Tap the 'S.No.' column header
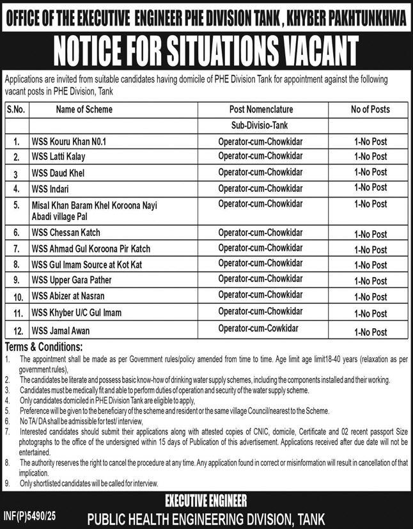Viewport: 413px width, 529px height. [x=15, y=109]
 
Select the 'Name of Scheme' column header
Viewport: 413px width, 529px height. [x=84, y=109]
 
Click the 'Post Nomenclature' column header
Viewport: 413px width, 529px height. [x=260, y=109]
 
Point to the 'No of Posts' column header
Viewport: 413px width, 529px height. [x=370, y=109]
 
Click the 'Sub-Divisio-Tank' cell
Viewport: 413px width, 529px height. [x=260, y=125]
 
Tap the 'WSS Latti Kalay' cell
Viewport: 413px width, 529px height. [x=58, y=157]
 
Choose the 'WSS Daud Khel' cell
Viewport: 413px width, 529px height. [x=58, y=173]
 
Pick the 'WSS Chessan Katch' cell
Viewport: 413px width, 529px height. [x=66, y=233]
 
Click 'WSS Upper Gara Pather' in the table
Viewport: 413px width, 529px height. [x=72, y=281]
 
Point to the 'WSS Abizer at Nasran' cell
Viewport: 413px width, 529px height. [x=70, y=297]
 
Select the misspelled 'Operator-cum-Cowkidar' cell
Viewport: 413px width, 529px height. [x=258, y=329]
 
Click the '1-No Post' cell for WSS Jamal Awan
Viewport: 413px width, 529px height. [x=370, y=332]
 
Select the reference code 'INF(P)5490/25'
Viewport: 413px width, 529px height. [x=30, y=514]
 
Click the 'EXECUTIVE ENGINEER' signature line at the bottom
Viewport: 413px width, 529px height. [x=206, y=500]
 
